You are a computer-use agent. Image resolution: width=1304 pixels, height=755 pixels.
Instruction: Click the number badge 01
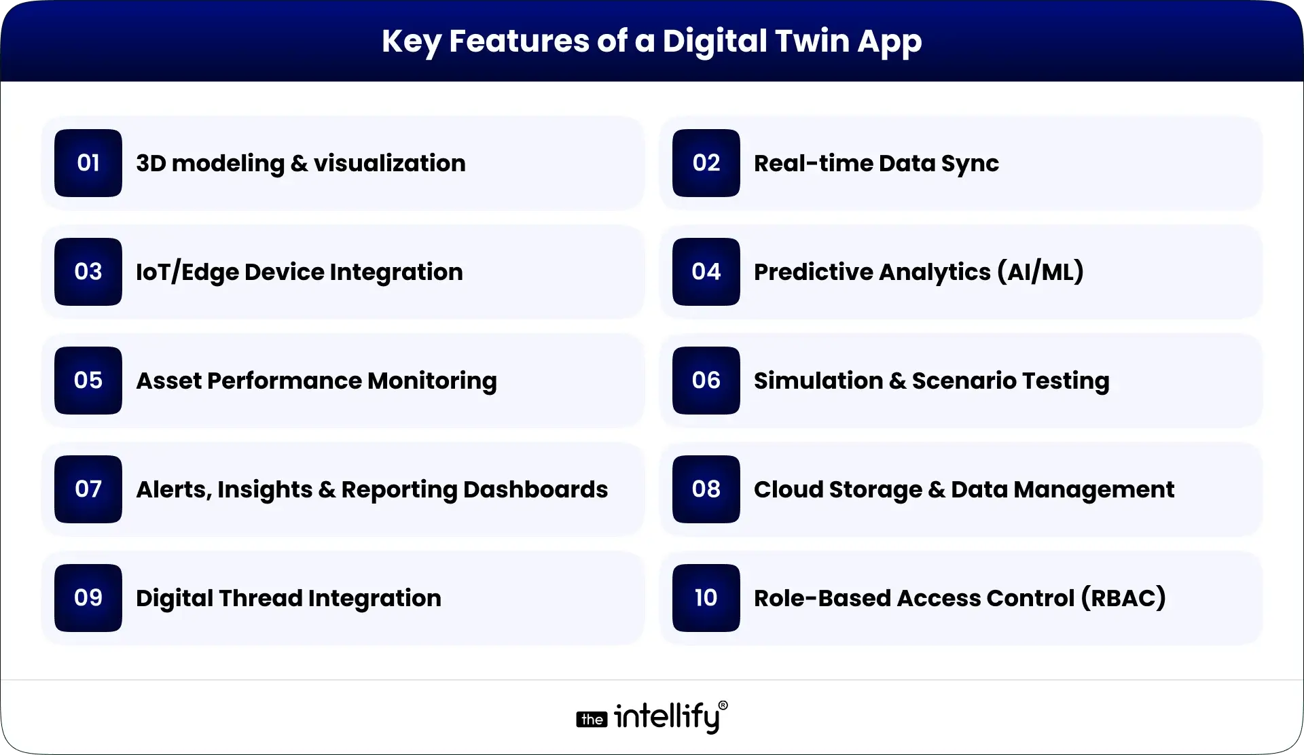point(88,163)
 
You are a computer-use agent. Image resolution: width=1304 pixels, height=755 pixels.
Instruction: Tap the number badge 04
point(706,272)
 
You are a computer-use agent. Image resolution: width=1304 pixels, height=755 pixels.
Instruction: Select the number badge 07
point(88,489)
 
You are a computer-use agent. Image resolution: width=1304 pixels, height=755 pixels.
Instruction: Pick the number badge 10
point(706,598)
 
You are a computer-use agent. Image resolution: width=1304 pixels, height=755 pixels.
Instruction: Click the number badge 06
point(706,381)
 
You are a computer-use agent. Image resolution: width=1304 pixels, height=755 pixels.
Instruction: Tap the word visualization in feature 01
point(389,163)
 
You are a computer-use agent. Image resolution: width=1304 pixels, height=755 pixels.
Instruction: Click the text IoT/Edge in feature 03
point(187,272)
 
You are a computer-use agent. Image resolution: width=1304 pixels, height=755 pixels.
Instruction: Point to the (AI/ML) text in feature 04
point(1040,272)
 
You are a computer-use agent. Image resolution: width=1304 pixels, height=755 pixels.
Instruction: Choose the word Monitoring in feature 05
point(432,381)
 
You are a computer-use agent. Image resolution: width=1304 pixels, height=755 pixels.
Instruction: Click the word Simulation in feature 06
point(818,381)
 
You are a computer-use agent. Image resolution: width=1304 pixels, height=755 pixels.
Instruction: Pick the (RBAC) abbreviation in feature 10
point(1124,598)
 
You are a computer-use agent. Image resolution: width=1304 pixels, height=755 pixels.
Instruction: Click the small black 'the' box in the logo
point(592,720)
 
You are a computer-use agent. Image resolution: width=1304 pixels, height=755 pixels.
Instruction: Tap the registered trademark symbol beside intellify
point(723,705)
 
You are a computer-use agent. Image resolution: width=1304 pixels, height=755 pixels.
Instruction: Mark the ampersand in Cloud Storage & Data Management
point(937,489)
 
